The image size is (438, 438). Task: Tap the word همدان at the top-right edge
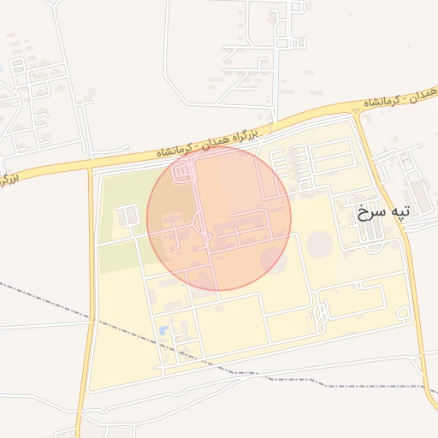click(x=425, y=93)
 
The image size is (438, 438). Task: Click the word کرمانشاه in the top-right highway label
click(x=384, y=102)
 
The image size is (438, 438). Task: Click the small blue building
click(x=163, y=331)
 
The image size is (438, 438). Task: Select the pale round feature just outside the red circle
click(x=320, y=244)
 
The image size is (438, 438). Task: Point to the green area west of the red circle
click(x=120, y=222)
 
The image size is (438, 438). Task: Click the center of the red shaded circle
click(x=219, y=218)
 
